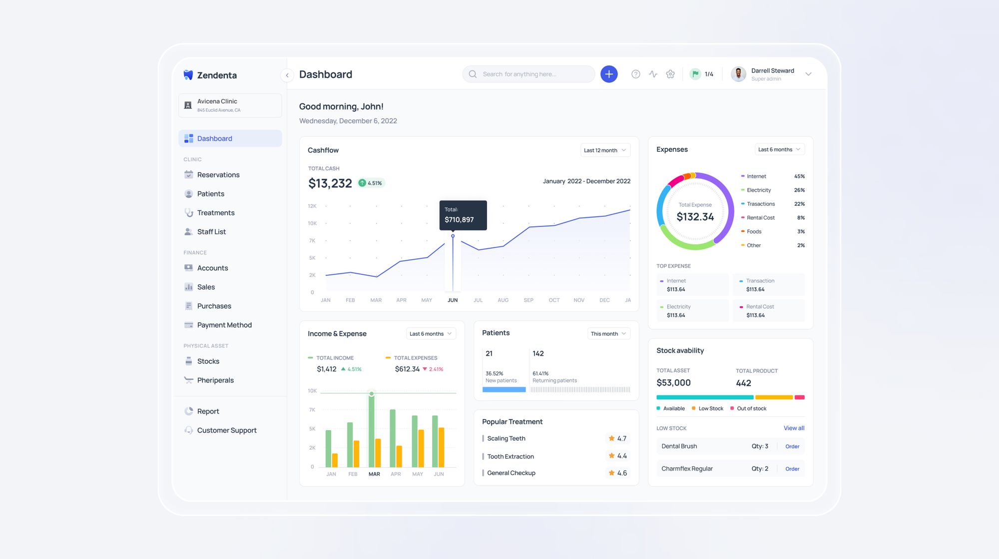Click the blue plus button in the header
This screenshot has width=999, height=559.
coord(608,74)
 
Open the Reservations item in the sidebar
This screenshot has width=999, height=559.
coord(218,175)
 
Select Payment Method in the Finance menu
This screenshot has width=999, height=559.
coord(224,325)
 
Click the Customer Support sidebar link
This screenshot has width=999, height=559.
coord(226,431)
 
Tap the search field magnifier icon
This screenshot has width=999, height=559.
coord(473,74)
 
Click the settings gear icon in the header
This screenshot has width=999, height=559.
coord(670,74)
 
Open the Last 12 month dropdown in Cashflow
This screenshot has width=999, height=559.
coord(605,150)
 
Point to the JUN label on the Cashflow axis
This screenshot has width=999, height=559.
coord(453,300)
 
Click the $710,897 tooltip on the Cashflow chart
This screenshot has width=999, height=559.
coord(463,215)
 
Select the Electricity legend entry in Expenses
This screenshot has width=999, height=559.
coord(758,190)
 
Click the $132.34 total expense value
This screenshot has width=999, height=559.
coord(695,217)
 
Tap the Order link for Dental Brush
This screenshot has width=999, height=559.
coord(792,447)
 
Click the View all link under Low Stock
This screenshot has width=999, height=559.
coord(794,428)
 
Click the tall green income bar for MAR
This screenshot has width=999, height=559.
coord(371,430)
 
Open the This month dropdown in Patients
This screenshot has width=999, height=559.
coord(608,334)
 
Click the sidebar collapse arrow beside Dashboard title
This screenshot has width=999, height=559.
coord(287,75)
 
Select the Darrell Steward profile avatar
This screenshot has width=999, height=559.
coord(738,74)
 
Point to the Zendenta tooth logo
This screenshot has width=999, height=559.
coord(188,75)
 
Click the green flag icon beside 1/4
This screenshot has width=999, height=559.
coord(695,74)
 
